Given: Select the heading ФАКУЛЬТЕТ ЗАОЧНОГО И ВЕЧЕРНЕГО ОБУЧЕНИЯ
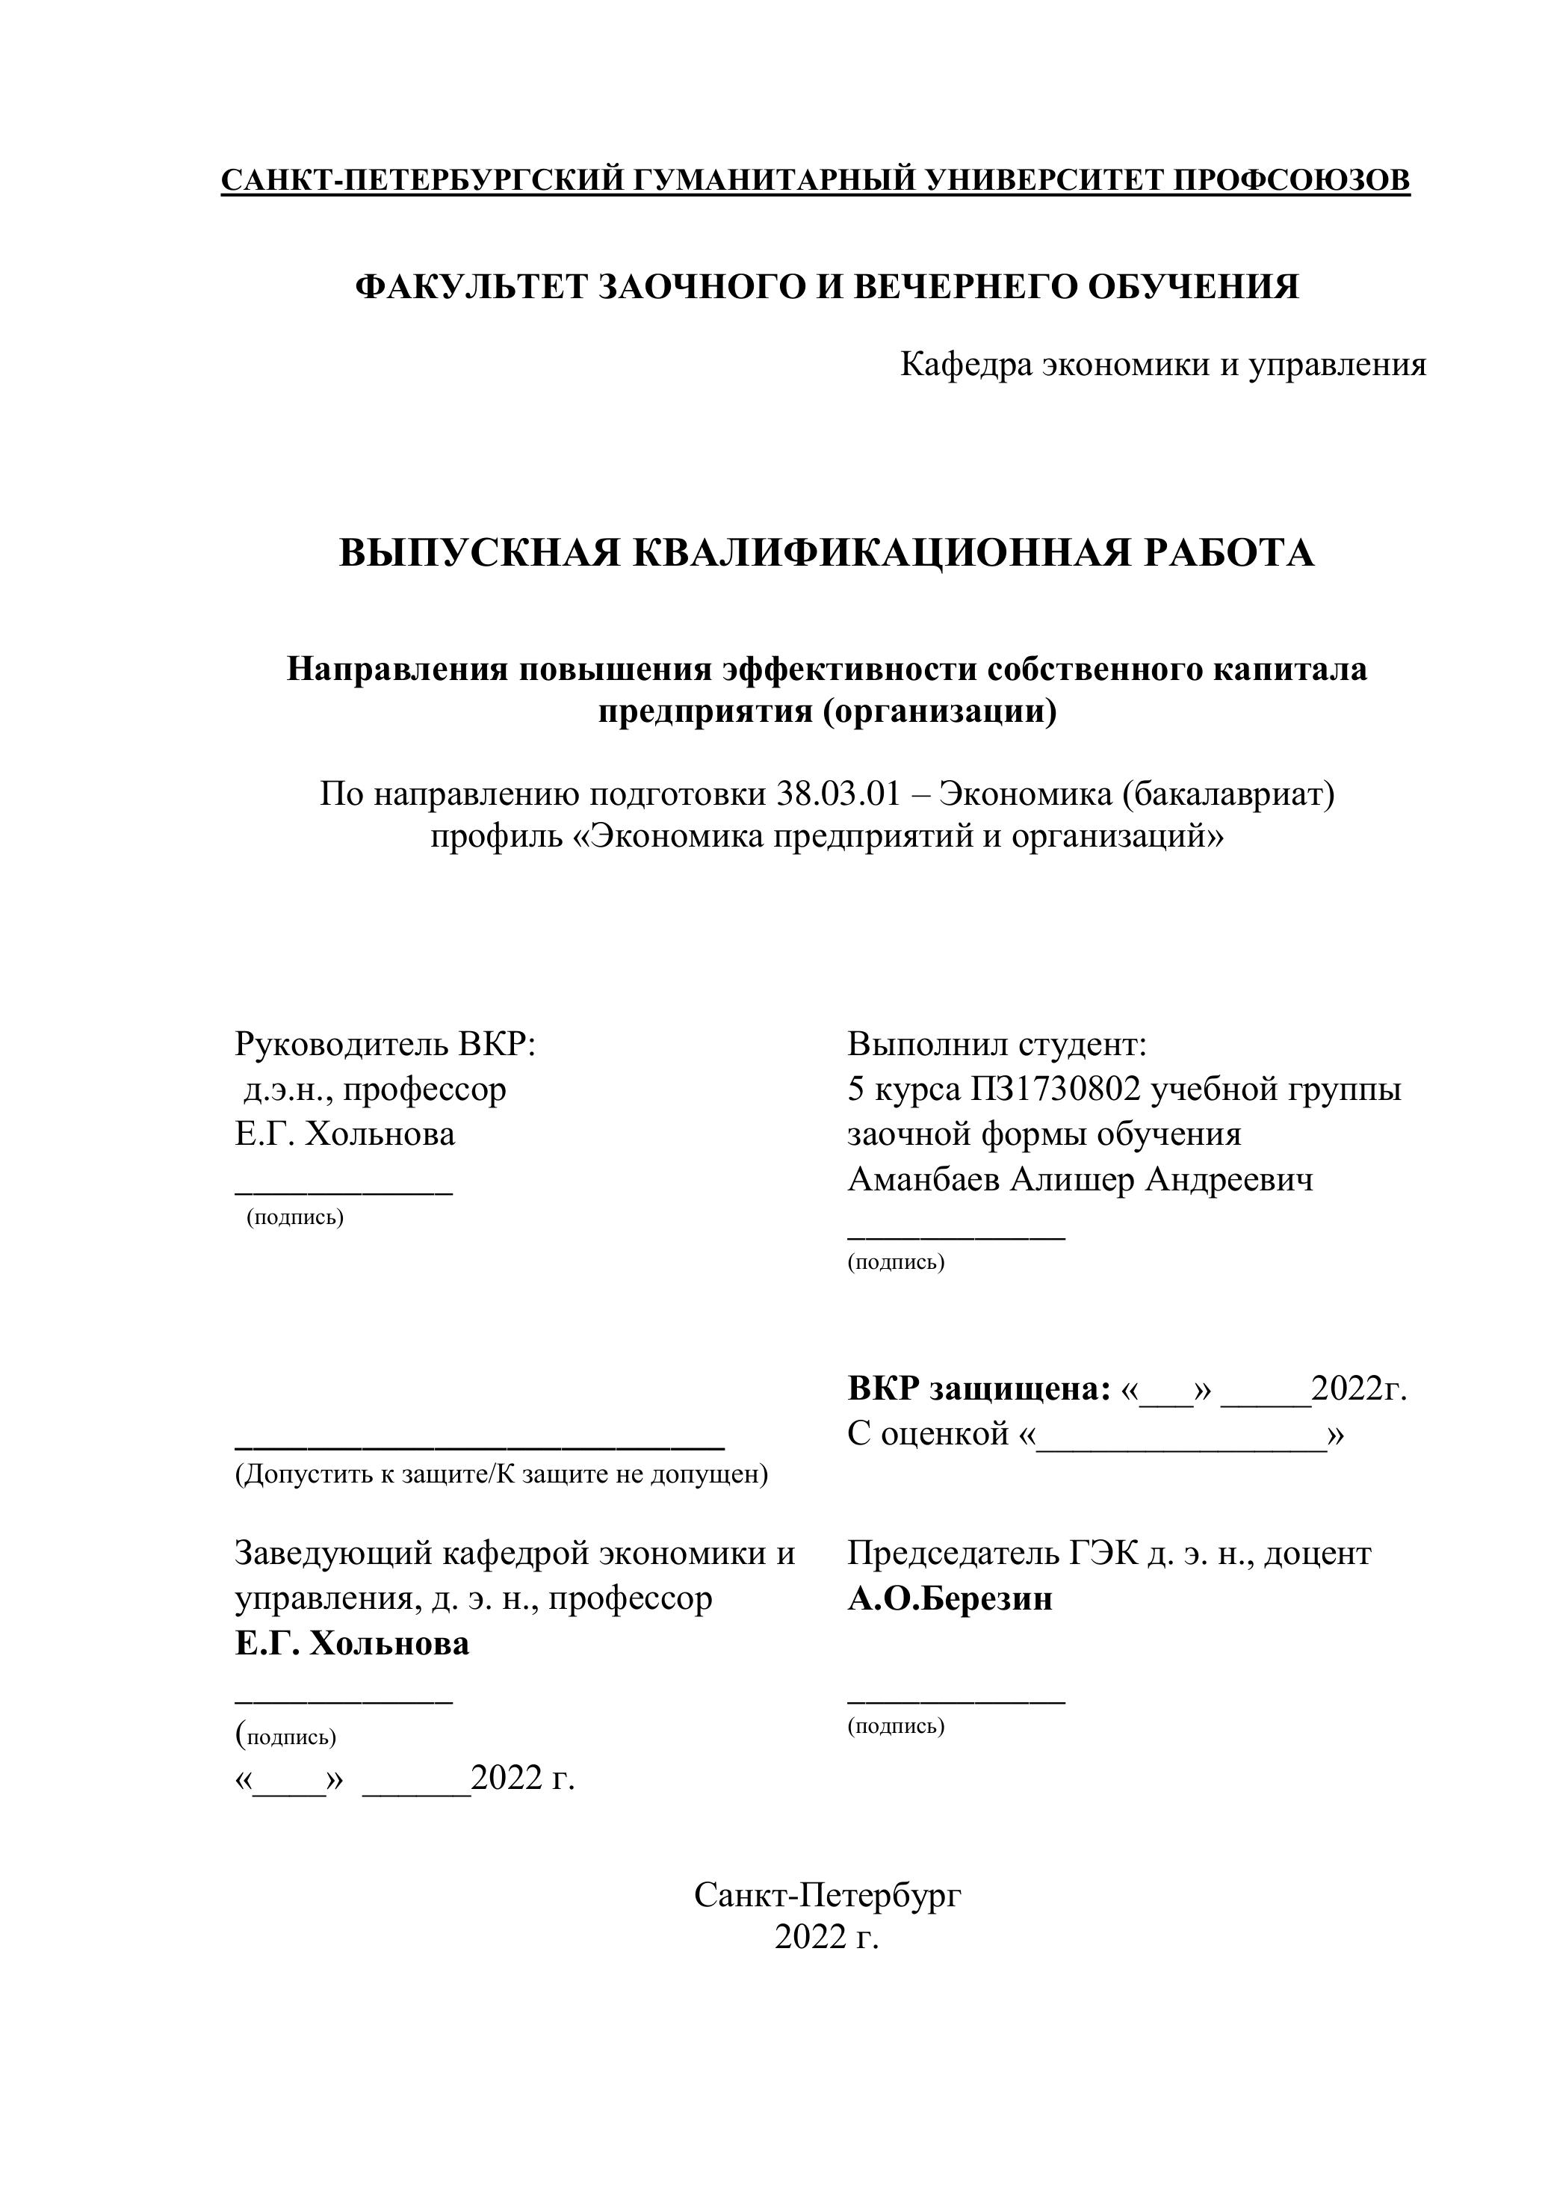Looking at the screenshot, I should (827, 286).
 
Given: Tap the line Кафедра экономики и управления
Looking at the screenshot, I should (1162, 365).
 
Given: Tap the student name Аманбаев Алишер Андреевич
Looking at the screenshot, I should (1080, 1180).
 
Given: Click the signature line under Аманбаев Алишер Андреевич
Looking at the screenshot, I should (956, 1235).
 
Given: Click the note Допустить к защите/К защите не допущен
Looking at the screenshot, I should (501, 1475).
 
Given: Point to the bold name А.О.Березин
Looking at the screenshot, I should (950, 1599).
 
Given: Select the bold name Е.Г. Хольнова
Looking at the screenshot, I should (352, 1645).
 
